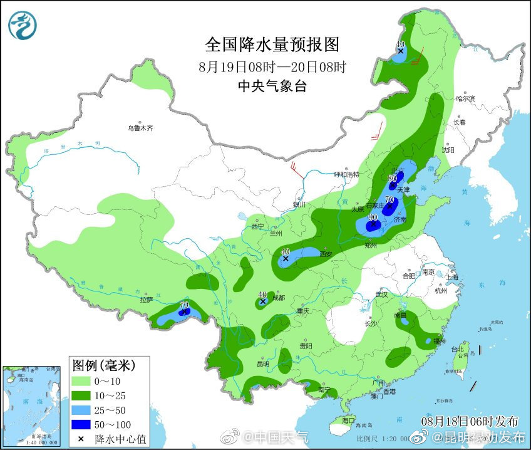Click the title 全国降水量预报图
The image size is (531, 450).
[272, 44]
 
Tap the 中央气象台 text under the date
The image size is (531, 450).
[272, 86]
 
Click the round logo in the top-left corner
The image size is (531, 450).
[23, 25]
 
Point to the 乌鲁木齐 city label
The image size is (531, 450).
[140, 128]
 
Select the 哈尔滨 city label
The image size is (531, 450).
[465, 98]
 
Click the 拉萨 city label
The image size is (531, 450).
[147, 300]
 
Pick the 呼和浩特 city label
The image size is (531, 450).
[346, 174]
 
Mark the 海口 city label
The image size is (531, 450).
[348, 421]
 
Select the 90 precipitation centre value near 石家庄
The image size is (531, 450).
[373, 216]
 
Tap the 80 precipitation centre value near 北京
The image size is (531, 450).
[392, 177]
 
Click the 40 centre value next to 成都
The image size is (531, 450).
[262, 294]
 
